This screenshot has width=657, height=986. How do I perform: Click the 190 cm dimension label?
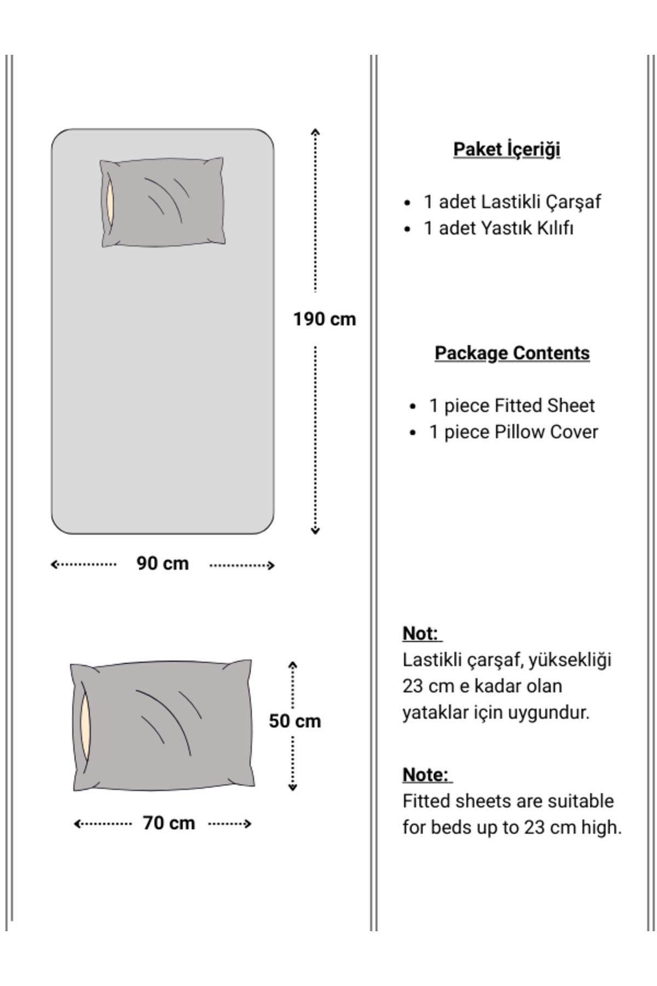(324, 319)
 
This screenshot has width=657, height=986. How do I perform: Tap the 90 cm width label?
(163, 563)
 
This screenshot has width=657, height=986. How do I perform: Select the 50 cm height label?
(295, 721)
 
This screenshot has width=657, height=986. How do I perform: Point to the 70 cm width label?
(169, 823)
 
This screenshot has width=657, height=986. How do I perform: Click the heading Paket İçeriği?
(506, 149)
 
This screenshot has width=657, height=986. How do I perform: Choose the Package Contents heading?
(512, 353)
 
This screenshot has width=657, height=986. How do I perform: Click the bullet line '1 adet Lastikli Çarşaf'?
(512, 202)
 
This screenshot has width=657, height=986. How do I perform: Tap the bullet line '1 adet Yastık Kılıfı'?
(498, 228)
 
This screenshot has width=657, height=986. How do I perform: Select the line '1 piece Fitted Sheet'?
(511, 405)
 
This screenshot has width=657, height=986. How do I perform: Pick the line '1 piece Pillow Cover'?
(513, 432)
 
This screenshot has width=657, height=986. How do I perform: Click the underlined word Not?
(420, 633)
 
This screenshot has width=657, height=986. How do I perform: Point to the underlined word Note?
(425, 775)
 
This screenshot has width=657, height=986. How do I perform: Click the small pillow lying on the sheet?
(163, 203)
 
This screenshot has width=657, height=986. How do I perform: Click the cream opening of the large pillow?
(85, 726)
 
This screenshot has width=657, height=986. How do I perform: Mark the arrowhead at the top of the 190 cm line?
(315, 132)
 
